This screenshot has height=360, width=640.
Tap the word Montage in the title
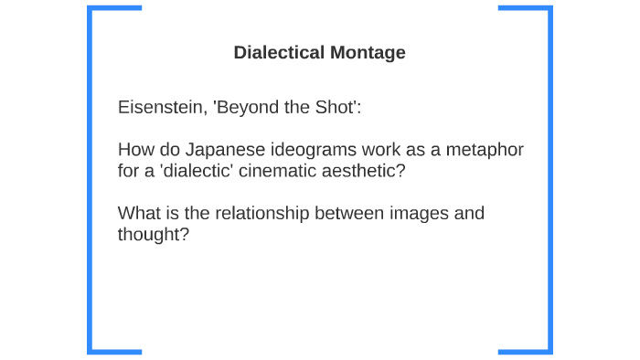pyautogui.click(x=366, y=53)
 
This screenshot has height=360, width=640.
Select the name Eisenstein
pyautogui.click(x=160, y=107)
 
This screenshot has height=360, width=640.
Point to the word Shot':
pyautogui.click(x=338, y=107)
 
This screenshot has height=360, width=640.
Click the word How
pyautogui.click(x=135, y=150)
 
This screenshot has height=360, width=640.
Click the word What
pyautogui.click(x=138, y=214)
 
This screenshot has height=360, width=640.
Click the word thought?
pyautogui.click(x=153, y=235)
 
